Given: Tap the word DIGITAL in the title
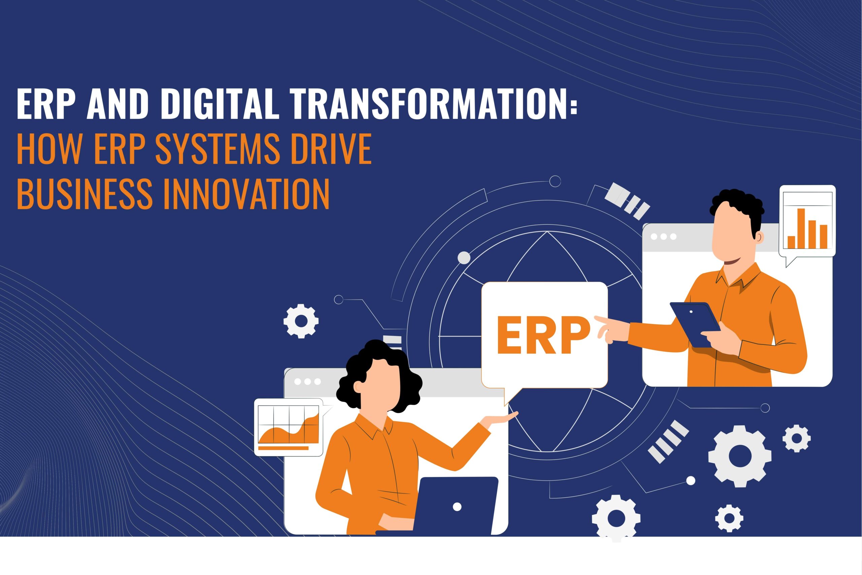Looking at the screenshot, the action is (218, 104).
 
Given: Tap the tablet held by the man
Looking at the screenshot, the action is (695, 324).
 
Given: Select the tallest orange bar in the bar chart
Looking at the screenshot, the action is (801, 228).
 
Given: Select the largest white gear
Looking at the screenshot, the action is (739, 456).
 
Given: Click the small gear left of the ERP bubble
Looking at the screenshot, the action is (301, 321).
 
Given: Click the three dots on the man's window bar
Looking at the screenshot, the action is (663, 236).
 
